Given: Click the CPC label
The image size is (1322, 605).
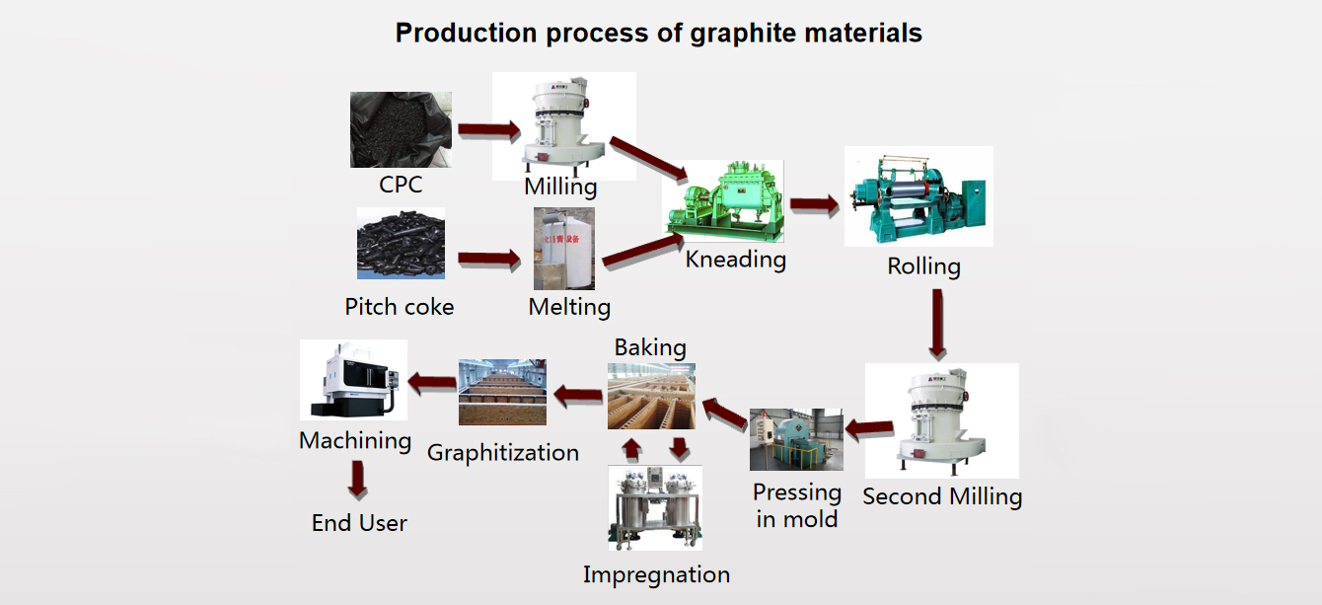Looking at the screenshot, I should tap(401, 185).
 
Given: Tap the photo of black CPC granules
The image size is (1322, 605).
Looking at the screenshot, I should tap(401, 129).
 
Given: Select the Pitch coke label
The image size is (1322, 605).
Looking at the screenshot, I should tap(400, 307).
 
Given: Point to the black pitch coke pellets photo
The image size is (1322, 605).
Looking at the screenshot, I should tap(401, 243).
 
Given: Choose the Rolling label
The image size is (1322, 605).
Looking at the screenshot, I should tap(923, 266).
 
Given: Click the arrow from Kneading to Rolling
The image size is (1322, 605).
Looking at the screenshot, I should tap(814, 204).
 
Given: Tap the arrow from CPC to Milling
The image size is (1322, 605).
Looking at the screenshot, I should tap(488, 129).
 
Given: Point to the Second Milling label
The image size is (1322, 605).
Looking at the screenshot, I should tap(942, 496).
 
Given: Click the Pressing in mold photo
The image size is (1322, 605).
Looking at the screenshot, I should tap(796, 439).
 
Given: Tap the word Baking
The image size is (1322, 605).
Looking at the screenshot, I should tap(650, 347).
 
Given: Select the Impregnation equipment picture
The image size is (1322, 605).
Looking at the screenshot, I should tap(655, 508).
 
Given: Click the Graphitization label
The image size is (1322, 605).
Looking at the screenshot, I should tap(503, 453).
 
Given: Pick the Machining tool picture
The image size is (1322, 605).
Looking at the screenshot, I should tap(353, 380).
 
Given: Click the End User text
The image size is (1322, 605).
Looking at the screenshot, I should tap(359, 523).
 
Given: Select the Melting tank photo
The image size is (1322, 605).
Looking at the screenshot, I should tap(564, 248).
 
